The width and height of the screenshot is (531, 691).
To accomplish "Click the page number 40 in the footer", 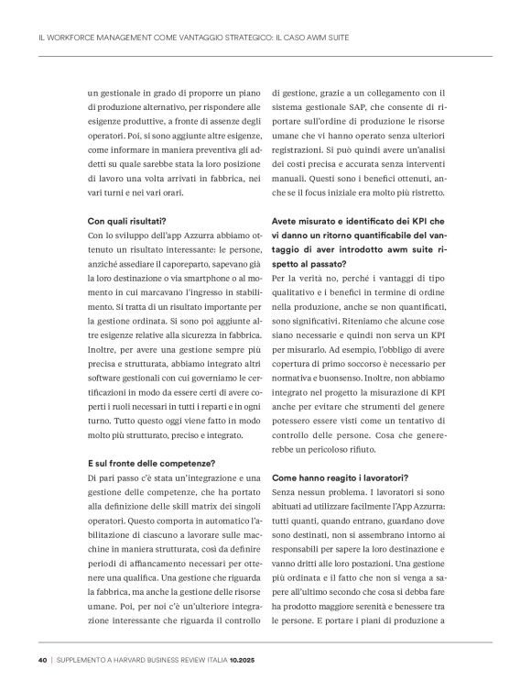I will click(42, 661).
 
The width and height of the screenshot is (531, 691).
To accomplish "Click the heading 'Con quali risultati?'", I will click(126, 221).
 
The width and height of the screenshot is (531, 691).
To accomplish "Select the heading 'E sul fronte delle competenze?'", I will click(150, 463).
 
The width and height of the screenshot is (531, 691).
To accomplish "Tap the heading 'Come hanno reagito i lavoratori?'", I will click(340, 478).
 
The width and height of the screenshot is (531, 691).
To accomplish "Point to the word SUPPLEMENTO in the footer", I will click(81, 661).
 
